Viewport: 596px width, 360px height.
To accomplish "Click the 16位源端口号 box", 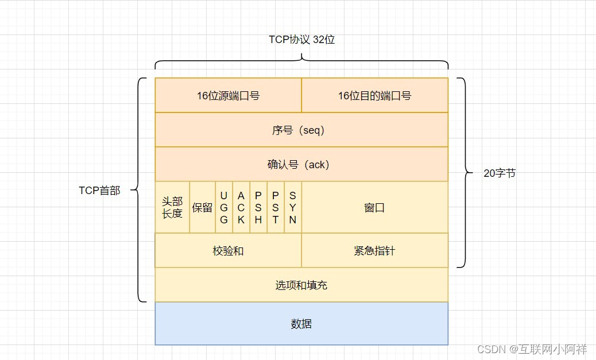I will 228,95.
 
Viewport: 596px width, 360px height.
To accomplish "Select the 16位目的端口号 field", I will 374,95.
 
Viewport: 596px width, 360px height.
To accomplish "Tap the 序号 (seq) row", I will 301,130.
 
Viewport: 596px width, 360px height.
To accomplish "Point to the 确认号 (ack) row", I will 301,164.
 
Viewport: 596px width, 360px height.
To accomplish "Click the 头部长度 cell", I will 172,207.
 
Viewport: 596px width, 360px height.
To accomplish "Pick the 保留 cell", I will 202,207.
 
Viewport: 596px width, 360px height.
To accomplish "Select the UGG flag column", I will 224,207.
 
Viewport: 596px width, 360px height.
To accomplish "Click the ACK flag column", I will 241,207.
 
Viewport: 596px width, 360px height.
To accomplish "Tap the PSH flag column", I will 258,207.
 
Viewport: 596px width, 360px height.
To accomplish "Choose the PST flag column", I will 276,207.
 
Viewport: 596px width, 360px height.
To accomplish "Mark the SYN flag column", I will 293,207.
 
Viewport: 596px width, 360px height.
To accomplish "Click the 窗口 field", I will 374,207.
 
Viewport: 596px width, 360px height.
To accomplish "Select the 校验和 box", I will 228,250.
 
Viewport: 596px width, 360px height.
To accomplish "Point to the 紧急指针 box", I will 374,250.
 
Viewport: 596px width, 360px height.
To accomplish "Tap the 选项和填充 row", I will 301,285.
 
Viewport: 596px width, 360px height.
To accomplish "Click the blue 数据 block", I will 301,323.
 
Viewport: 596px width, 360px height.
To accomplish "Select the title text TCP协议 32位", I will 301,39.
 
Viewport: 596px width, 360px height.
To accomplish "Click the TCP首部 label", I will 99,191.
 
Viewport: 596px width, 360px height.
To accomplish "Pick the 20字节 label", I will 500,173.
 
